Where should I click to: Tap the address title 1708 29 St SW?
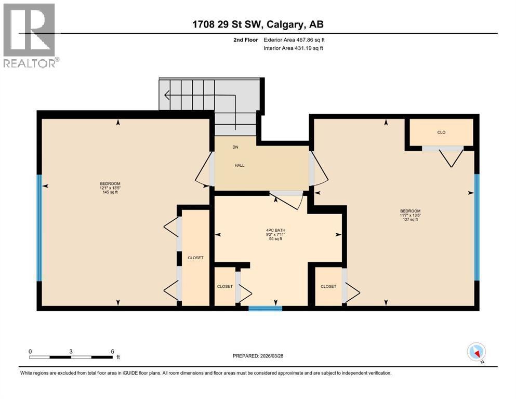click(x=258, y=24)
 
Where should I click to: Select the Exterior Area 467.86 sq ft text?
click(x=294, y=39)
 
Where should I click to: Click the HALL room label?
click(x=239, y=166)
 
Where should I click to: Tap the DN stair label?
click(x=235, y=147)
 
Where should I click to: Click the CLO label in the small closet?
click(x=441, y=132)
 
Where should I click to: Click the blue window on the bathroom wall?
click(x=265, y=308)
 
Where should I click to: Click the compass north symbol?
click(x=477, y=352)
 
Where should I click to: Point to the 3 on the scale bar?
click(x=71, y=351)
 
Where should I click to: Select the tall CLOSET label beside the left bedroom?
click(x=195, y=258)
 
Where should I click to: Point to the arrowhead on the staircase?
click(x=167, y=95)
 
